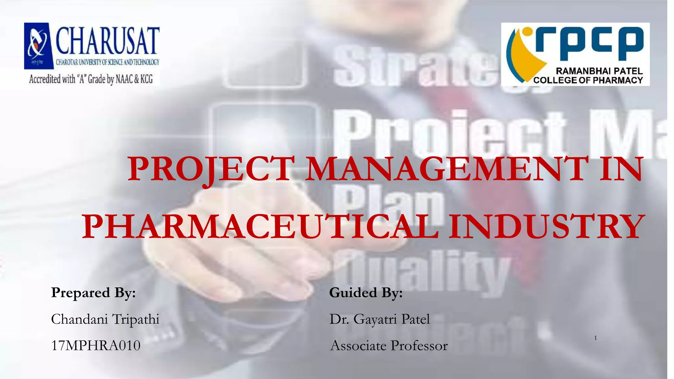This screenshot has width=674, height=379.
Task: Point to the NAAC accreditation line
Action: tap(91, 79)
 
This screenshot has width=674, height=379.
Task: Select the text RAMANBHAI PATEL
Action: tap(599, 71)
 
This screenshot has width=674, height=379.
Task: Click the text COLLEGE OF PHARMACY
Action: tap(588, 80)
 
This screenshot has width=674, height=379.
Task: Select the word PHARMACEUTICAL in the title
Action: tap(260, 227)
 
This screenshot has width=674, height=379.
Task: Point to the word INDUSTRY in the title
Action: tap(546, 227)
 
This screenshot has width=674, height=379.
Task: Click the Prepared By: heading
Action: tap(93, 292)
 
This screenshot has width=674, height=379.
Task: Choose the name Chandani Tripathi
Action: tap(105, 319)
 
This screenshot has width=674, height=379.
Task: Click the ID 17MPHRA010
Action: tap(96, 346)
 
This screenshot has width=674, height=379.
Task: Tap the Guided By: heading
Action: tap(366, 292)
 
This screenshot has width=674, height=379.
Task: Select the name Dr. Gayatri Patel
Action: tap(380, 319)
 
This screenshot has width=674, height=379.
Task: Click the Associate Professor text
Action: tap(389, 346)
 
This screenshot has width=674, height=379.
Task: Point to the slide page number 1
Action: tap(596, 338)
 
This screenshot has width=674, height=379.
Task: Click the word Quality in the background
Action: tap(421, 273)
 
